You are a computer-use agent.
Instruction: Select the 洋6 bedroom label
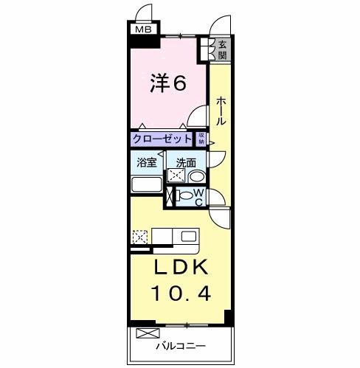169,83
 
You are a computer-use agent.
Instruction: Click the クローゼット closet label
163,138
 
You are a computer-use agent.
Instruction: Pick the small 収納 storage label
201,137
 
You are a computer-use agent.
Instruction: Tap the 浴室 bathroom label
147,162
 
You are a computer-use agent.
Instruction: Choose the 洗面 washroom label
185,162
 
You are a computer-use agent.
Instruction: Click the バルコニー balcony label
180,345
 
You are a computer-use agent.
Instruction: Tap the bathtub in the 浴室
147,184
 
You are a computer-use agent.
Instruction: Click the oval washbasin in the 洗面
196,177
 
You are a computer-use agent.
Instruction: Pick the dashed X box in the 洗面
176,176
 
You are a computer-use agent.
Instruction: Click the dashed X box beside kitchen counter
139,237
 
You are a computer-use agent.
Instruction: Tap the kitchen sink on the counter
187,237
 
